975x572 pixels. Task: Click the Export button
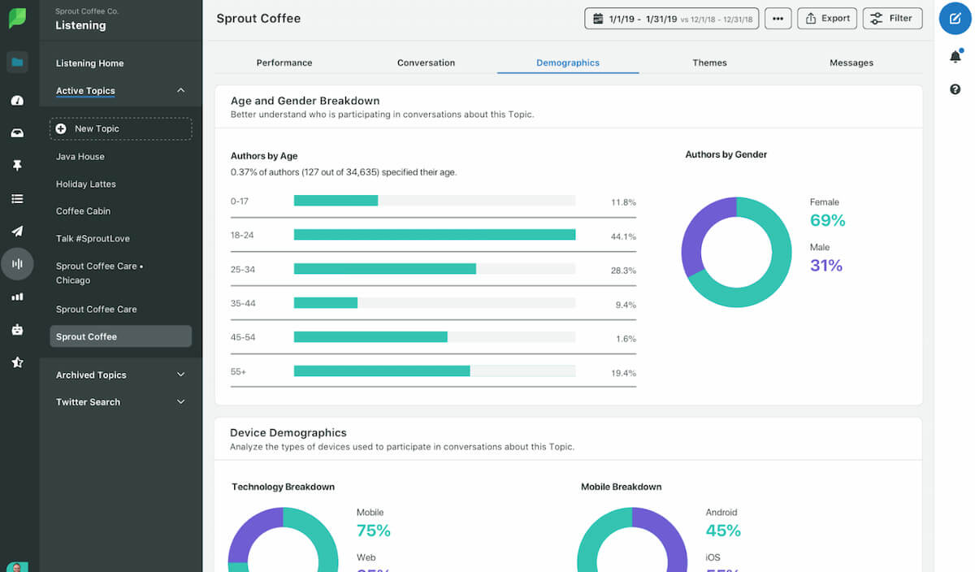826,19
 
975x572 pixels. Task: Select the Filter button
892,19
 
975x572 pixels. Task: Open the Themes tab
709,63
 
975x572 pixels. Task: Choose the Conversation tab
426,63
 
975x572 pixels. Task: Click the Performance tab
284,63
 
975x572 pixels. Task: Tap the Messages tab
851,63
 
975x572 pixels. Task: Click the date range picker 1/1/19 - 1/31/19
671,19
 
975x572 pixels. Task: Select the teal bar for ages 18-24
435,235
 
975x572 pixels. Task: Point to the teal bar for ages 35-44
326,303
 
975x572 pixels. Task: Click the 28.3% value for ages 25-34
623,271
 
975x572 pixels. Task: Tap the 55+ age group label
239,371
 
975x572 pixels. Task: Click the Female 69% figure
827,220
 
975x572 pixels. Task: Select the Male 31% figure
825,265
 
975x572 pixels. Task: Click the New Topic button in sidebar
120,129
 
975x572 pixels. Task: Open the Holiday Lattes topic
86,184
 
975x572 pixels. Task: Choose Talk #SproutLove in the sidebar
93,239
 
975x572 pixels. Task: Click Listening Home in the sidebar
89,63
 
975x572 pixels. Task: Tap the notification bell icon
955,57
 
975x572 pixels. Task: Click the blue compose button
955,19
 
